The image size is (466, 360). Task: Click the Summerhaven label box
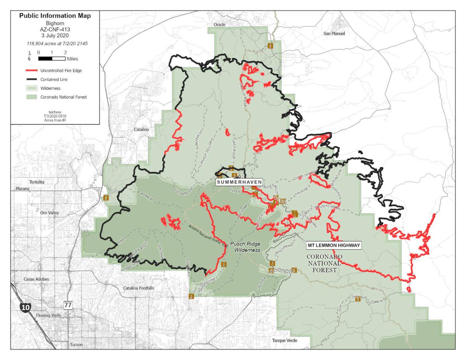pos(238,182)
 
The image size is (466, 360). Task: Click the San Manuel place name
pos(334,33)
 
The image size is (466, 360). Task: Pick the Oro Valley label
pos(50,213)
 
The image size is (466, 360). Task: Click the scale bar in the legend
pos(52,59)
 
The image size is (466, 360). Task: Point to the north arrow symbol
pos(30,56)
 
